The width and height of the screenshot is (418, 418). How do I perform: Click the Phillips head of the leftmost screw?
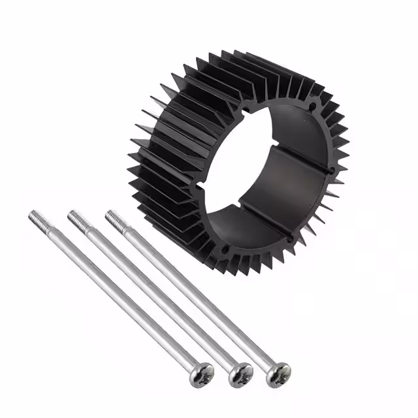[201, 373]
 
